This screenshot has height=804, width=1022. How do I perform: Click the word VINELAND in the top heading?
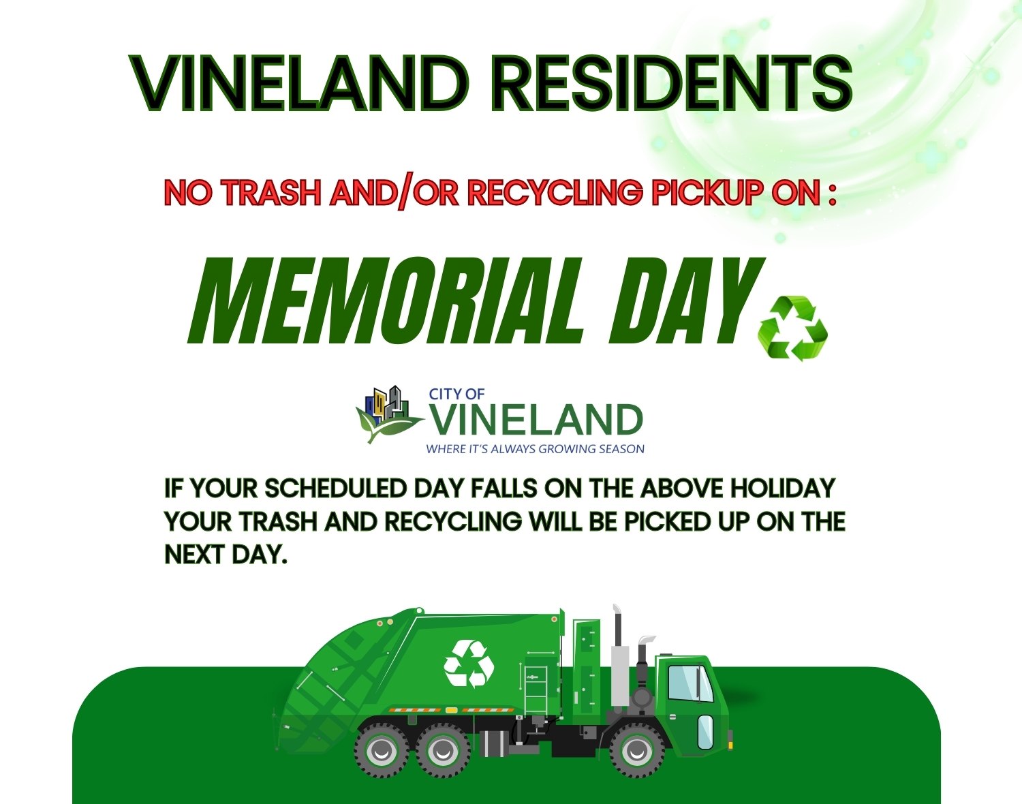coord(298,84)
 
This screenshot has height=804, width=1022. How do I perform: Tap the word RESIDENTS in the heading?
coord(672,84)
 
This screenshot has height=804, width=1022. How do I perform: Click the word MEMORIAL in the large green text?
coord(385,300)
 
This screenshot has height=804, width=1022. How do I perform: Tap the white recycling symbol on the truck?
coord(469,664)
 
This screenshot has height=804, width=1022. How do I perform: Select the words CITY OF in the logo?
coord(456,394)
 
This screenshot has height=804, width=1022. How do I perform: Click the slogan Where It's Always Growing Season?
coord(536,449)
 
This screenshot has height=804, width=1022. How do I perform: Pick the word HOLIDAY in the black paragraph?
coord(783,489)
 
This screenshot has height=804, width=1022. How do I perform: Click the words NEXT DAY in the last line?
coord(226,554)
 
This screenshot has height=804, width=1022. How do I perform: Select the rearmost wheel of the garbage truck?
coord(382,751)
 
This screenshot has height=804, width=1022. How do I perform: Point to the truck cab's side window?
coord(690,683)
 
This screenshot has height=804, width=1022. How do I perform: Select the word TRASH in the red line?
coord(272,194)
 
